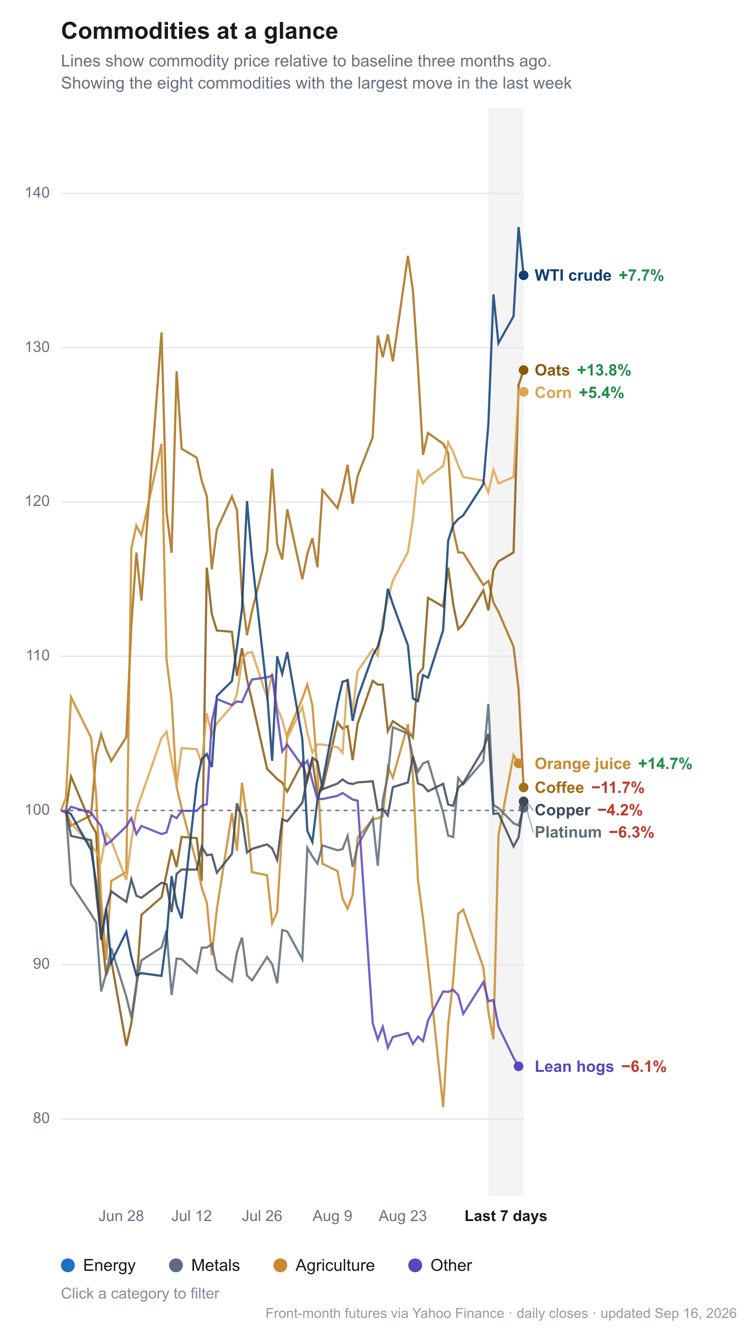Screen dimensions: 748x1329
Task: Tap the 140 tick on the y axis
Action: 37,193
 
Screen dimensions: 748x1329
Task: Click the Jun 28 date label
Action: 121,1216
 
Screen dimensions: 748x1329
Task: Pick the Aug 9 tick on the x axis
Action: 332,1216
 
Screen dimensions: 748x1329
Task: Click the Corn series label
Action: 553,392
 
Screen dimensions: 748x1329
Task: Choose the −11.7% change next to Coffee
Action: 617,788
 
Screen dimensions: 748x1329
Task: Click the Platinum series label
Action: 568,832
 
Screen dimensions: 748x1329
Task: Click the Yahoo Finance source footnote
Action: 501,1313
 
